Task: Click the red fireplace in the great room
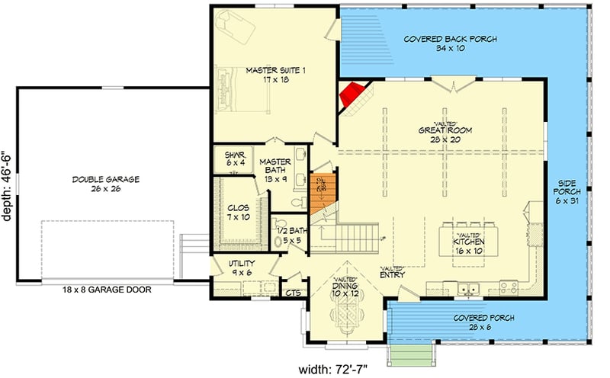click(x=352, y=95)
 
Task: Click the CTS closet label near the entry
click(x=291, y=291)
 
